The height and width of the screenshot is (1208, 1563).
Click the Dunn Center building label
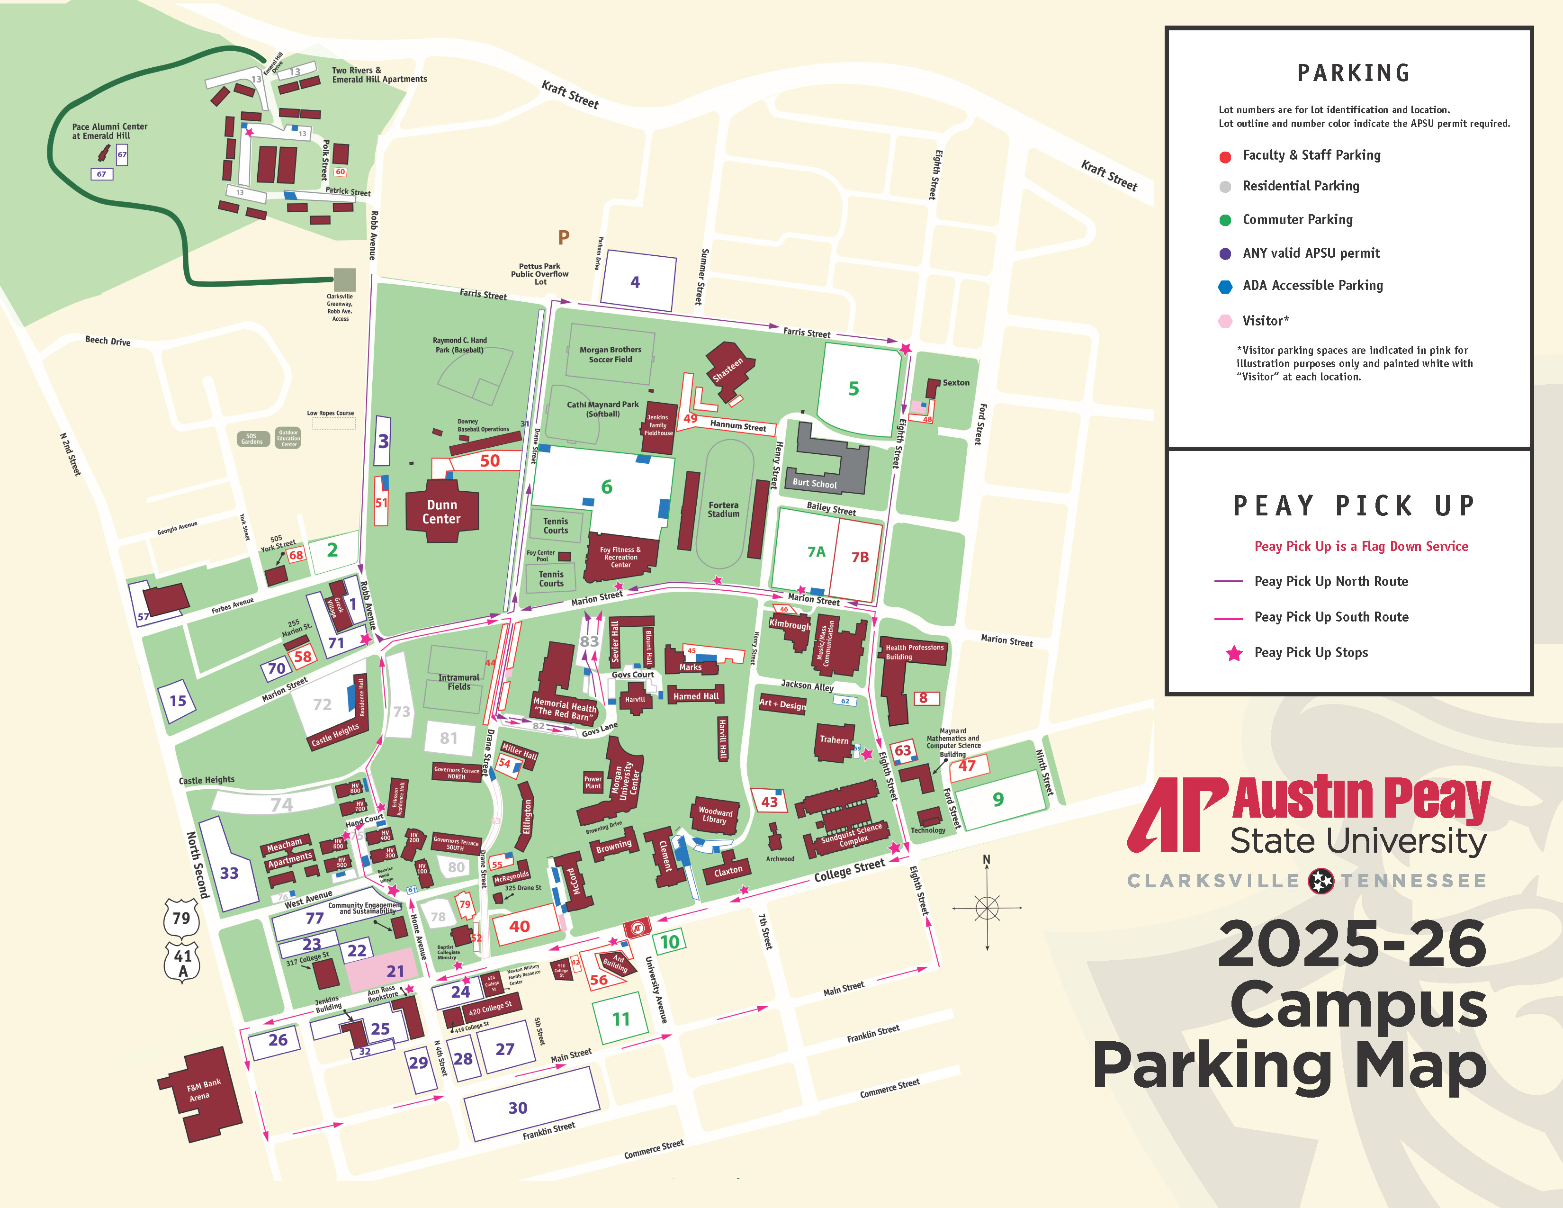click(441, 512)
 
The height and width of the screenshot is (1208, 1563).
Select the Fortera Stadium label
click(724, 509)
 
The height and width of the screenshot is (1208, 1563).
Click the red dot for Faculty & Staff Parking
click(1224, 157)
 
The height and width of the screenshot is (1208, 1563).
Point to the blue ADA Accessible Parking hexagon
click(1224, 286)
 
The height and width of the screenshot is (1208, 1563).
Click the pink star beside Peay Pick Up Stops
click(1234, 653)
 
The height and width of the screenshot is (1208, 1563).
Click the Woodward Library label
click(715, 815)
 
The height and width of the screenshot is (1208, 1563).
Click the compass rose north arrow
click(987, 862)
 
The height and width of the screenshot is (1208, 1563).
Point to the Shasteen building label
click(728, 370)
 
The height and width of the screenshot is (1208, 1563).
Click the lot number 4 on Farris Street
click(635, 282)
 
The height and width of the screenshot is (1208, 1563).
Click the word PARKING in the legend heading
click(1353, 73)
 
